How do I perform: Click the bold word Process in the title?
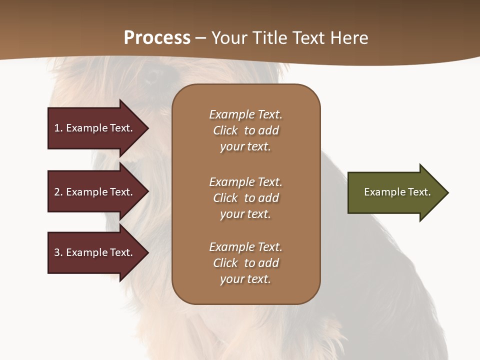pyautogui.click(x=157, y=38)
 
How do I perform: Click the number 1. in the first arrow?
pyautogui.click(x=58, y=128)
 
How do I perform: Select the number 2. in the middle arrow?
pyautogui.click(x=58, y=192)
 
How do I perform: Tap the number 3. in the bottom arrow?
pyautogui.click(x=58, y=252)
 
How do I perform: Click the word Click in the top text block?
pyautogui.click(x=225, y=130)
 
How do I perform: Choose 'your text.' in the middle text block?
pyautogui.click(x=245, y=214)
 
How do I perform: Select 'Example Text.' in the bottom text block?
pyautogui.click(x=245, y=247)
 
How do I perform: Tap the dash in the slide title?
pyautogui.click(x=200, y=38)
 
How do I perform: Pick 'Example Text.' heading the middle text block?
pyautogui.click(x=245, y=182)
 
